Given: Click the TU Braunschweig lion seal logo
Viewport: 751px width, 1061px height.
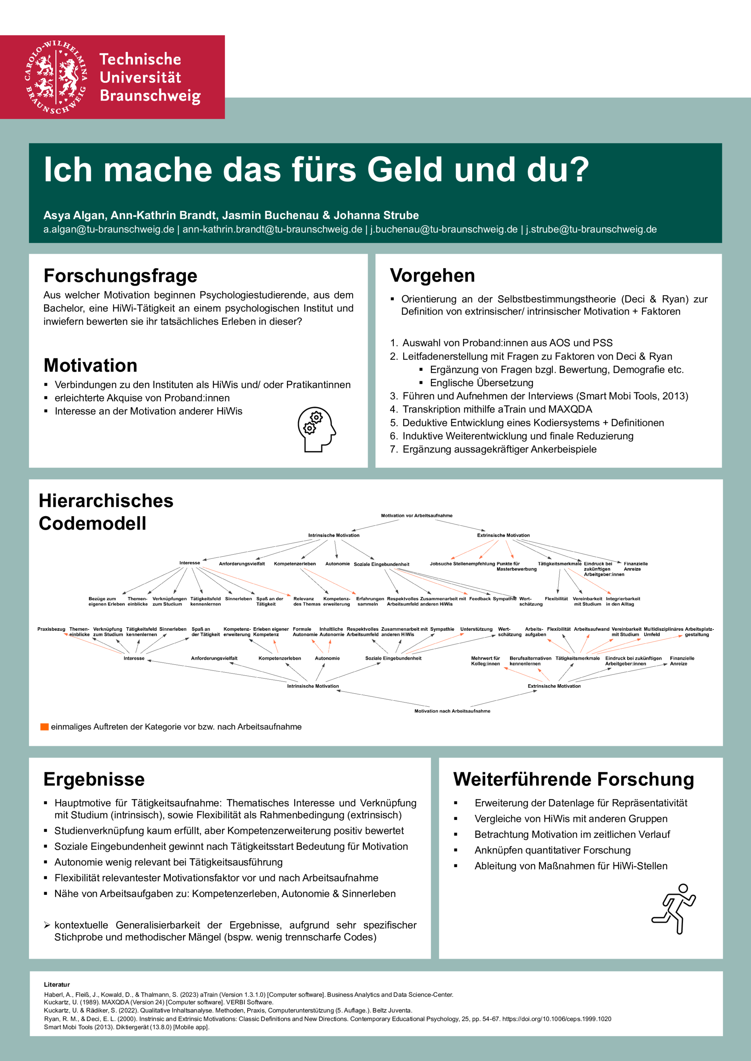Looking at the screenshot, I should (56, 77).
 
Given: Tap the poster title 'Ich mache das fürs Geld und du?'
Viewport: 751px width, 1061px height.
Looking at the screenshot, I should (316, 170).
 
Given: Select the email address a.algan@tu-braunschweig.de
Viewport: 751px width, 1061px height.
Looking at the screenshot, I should (109, 230).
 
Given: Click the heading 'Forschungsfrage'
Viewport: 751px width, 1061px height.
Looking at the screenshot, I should (120, 276).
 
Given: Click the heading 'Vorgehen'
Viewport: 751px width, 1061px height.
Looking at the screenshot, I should (432, 276).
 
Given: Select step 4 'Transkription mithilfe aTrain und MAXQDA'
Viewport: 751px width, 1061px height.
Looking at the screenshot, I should (497, 410).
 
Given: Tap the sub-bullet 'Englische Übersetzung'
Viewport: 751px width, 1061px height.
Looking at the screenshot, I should (482, 383).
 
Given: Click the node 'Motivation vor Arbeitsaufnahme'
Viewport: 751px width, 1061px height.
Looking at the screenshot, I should (417, 516).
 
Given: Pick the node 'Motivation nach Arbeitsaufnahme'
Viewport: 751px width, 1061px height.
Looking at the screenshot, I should (452, 711).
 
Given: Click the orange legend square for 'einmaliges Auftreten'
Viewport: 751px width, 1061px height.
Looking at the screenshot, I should (44, 727).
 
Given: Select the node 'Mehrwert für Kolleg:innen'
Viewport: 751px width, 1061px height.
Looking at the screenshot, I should (485, 661).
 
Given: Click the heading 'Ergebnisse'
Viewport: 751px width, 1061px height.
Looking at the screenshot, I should (94, 780).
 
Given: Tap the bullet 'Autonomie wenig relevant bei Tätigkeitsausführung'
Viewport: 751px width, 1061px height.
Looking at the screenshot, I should (168, 862).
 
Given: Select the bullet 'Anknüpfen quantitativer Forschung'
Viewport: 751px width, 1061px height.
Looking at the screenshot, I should (552, 850).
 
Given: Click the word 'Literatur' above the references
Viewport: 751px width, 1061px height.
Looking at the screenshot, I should (57, 985).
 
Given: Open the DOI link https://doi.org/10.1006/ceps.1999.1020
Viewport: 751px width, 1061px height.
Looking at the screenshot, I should (557, 1019).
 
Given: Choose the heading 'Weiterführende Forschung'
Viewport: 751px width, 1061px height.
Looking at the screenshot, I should (573, 780).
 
